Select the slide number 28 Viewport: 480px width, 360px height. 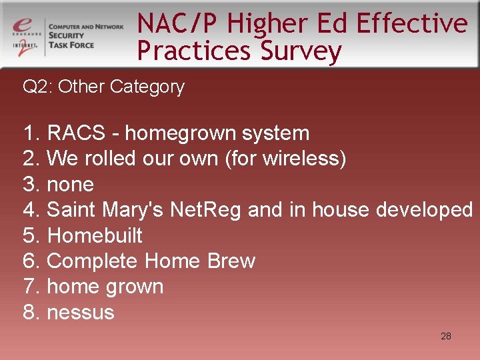[x=446, y=336]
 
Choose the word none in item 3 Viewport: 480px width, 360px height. [x=71, y=184]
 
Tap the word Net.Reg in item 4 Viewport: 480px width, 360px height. [x=207, y=210]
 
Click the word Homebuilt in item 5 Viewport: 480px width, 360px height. [x=95, y=235]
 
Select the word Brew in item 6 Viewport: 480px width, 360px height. [x=231, y=261]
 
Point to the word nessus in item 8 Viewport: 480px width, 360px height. [x=81, y=312]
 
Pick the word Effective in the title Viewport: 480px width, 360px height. [x=412, y=23]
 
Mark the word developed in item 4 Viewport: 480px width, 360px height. [x=425, y=210]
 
